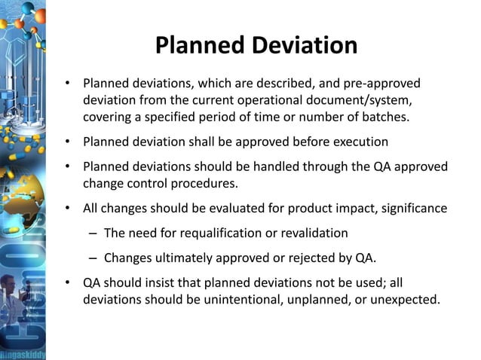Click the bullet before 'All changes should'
67,207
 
